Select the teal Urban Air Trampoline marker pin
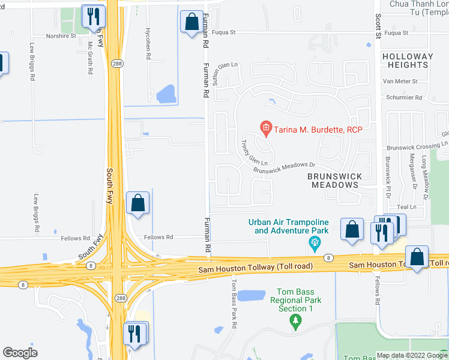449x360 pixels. click(313, 243)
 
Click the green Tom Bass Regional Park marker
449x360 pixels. click(295, 322)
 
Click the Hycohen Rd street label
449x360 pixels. click(148, 43)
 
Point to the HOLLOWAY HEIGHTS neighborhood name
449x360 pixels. click(408, 61)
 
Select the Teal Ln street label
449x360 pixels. click(406, 206)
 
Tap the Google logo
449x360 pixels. click(20, 353)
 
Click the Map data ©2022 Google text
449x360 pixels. click(412, 355)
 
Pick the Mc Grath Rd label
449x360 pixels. click(90, 58)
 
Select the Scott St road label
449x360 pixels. click(378, 27)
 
